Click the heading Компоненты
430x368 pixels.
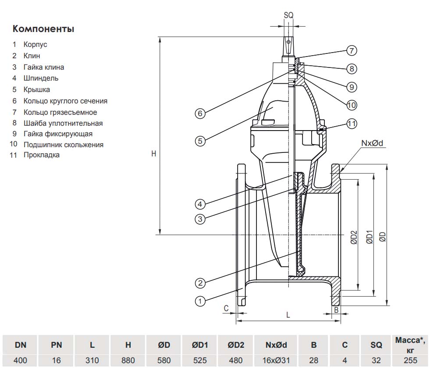[43, 29]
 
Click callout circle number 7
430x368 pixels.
[351, 50]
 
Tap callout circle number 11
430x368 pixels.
[352, 124]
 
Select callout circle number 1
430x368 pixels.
[200, 301]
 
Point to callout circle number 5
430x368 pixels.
[200, 141]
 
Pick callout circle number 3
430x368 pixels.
[200, 219]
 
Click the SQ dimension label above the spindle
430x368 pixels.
[288, 15]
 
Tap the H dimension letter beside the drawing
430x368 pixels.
[153, 154]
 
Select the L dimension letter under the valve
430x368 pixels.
[288, 315]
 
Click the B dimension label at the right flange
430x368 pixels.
[336, 310]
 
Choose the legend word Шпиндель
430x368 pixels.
[41, 78]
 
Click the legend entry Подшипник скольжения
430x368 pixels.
[64, 145]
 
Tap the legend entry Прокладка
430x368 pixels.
[41, 155]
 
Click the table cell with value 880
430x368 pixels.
[128, 361]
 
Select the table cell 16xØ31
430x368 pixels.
[276, 361]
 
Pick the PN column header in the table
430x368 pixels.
[56, 345]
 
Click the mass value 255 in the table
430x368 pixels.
[411, 361]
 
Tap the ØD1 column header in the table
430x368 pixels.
[199, 345]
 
